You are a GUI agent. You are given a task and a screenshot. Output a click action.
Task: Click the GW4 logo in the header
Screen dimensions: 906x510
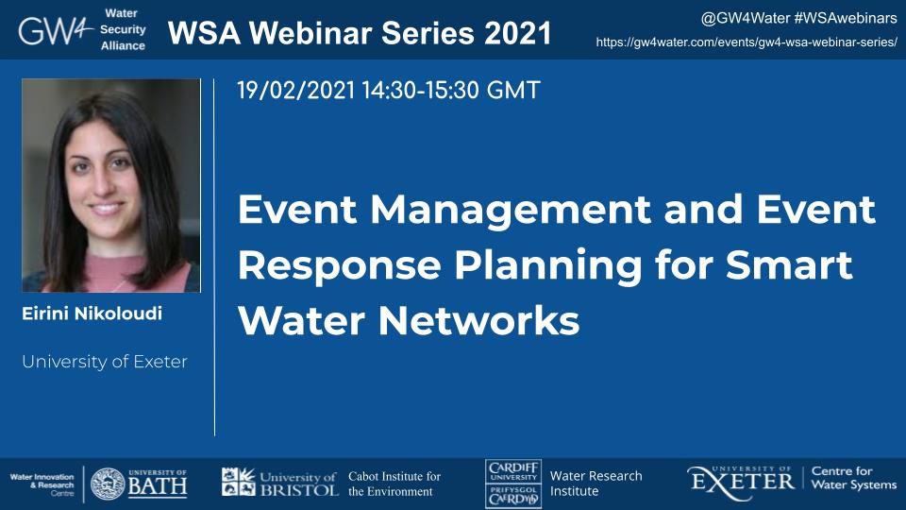[x=56, y=30]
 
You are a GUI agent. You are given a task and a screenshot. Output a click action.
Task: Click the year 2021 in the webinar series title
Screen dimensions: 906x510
[x=518, y=33]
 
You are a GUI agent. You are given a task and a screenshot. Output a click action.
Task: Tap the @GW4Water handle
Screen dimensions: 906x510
[x=745, y=19]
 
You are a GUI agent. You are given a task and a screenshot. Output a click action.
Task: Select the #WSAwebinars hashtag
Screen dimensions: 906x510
[x=846, y=19]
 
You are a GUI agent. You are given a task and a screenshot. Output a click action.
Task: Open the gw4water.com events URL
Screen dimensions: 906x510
[x=747, y=42]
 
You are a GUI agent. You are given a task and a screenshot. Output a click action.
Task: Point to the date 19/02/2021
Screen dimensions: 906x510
[x=295, y=91]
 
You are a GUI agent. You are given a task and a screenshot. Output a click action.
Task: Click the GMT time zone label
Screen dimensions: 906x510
[x=513, y=91]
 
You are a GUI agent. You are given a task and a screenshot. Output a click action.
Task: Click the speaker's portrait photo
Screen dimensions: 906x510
[x=111, y=185]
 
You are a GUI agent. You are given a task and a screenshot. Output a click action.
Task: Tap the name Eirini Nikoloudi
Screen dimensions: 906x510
[x=92, y=314]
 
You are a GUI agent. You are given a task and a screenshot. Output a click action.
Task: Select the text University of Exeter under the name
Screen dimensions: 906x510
[x=105, y=362]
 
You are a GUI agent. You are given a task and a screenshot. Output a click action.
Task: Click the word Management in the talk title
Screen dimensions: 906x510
[x=511, y=211]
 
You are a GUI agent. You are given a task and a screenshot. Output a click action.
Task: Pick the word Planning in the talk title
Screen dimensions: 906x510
[x=547, y=266]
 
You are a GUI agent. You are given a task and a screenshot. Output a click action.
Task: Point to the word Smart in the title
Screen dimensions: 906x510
[x=788, y=264]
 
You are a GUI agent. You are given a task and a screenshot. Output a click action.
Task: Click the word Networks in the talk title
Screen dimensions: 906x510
[x=479, y=320]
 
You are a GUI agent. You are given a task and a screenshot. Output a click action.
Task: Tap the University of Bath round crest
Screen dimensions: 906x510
[x=108, y=484]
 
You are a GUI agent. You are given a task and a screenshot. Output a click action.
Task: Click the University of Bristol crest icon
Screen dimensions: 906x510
[x=238, y=482]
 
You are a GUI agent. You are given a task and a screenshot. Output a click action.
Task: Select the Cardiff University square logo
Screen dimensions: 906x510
[x=513, y=484]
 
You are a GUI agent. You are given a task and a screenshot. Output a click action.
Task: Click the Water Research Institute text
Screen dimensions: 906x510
[x=596, y=484]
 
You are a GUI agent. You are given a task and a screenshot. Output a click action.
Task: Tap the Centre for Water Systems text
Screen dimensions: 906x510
[x=853, y=478]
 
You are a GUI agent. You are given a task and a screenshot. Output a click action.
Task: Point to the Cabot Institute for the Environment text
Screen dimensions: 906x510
[x=394, y=484]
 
